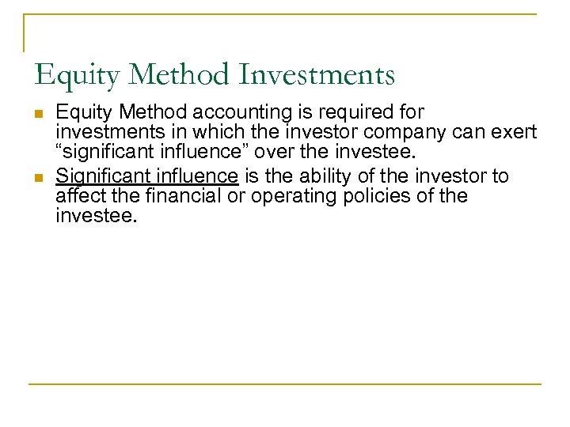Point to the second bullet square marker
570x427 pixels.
click(39, 176)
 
